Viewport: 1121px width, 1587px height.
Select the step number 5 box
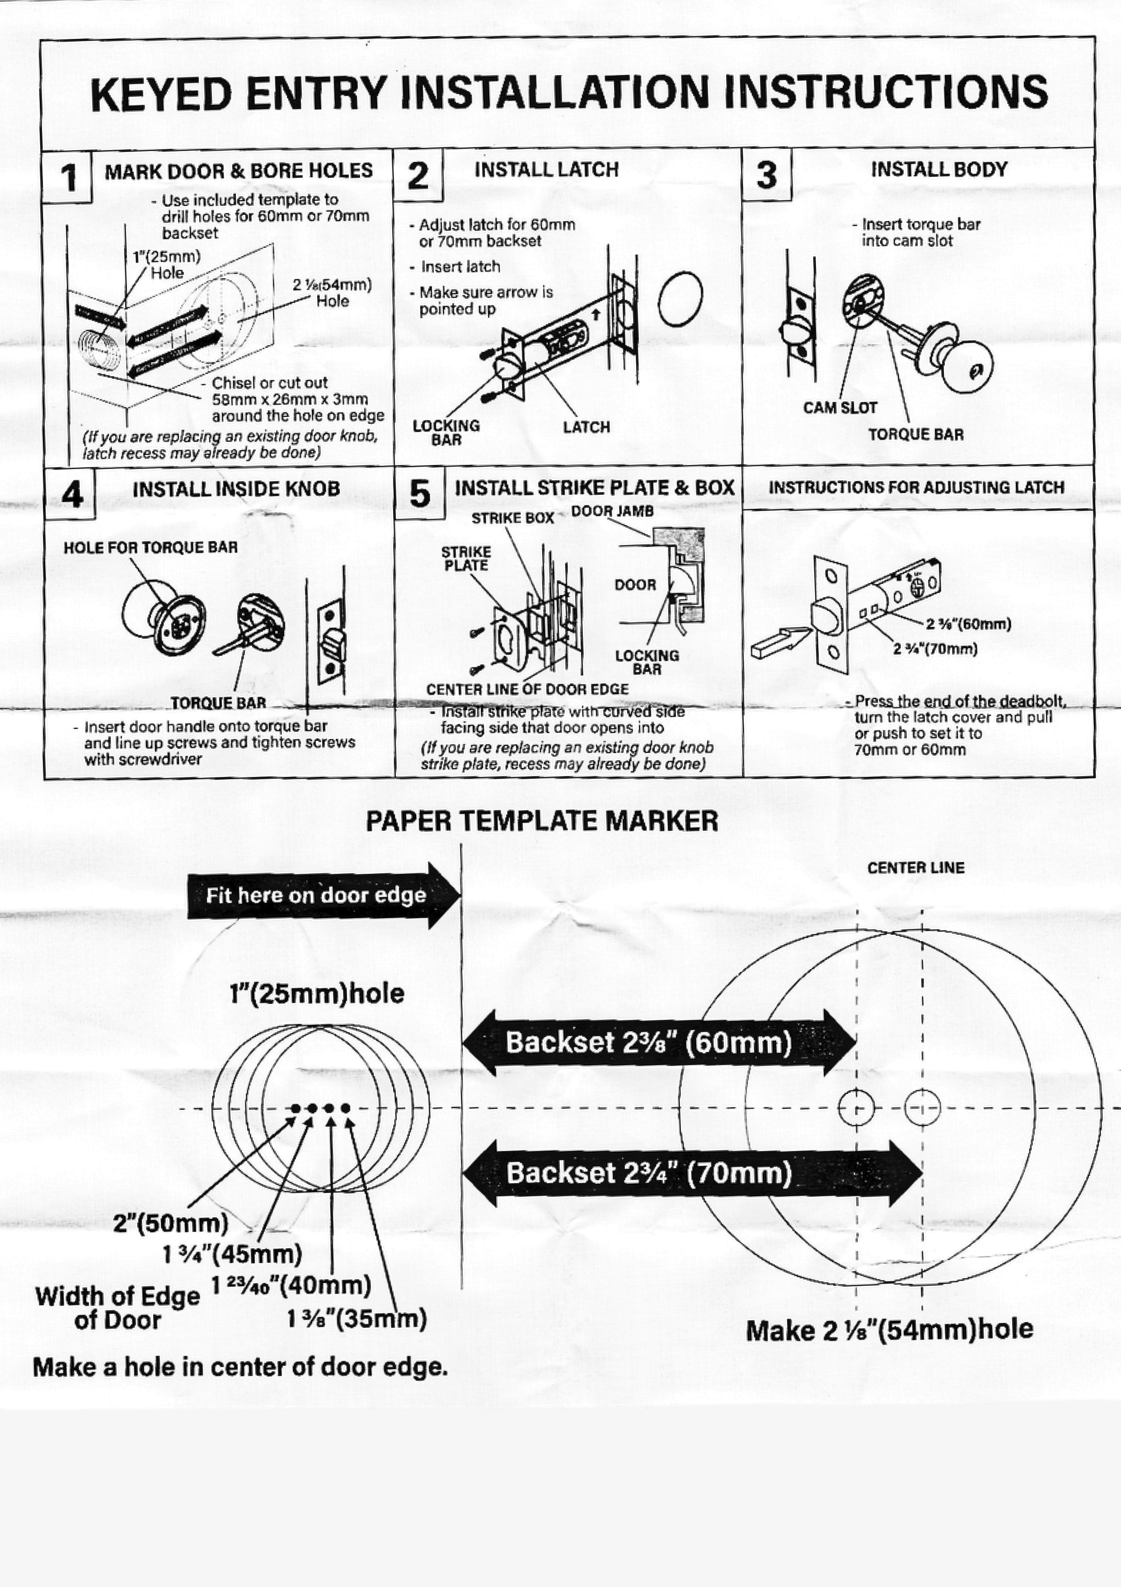tap(419, 493)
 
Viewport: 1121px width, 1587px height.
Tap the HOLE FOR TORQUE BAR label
tap(150, 547)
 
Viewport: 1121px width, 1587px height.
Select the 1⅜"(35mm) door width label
tap(356, 1319)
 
